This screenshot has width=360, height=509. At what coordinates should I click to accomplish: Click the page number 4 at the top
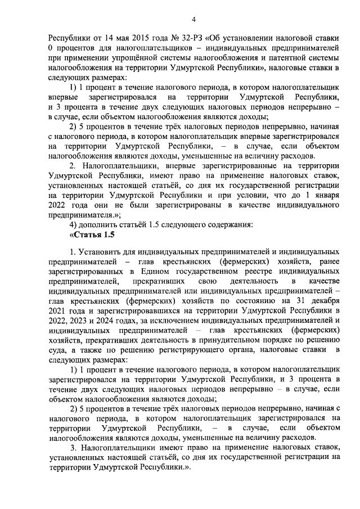193,20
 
